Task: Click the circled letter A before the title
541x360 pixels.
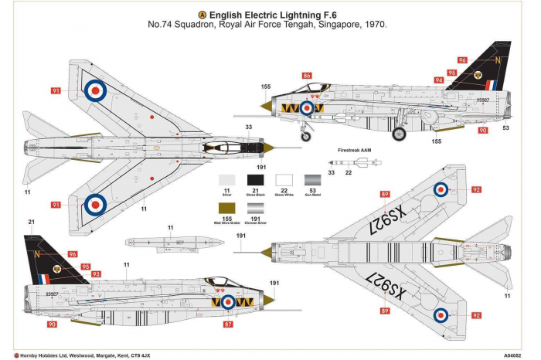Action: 202,14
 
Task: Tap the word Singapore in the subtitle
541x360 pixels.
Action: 335,25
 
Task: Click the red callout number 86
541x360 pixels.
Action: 307,76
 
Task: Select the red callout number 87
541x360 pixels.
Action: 228,325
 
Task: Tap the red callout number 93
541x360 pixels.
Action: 97,273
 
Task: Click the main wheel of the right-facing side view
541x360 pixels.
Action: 400,134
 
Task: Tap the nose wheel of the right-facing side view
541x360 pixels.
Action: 307,136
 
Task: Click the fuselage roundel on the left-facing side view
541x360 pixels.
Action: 228,303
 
